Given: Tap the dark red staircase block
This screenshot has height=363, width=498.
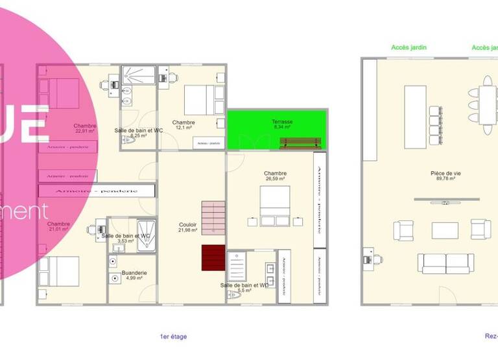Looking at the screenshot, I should click(x=213, y=257).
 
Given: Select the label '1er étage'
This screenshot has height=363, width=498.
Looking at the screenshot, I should click(x=173, y=336).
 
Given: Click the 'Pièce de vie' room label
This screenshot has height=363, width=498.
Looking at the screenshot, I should click(x=445, y=173).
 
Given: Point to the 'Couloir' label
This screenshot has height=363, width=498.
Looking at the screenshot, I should click(x=187, y=225).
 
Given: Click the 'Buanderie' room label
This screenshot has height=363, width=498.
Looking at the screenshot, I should click(x=134, y=273).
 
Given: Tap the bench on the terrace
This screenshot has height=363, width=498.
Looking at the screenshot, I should click(x=300, y=143).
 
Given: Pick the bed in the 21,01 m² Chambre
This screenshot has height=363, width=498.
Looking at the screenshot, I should click(x=60, y=270).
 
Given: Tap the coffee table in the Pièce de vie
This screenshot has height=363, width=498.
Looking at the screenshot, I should click(x=445, y=230).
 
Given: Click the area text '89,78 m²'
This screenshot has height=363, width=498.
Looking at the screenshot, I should click(x=445, y=180).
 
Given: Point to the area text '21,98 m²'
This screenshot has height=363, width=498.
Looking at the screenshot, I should click(x=187, y=231).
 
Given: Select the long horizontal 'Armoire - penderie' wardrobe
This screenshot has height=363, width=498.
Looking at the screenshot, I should click(x=97, y=191).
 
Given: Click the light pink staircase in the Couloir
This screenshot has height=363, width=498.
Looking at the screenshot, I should click(x=213, y=217).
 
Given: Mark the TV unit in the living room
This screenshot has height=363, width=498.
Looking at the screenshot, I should click(x=445, y=202).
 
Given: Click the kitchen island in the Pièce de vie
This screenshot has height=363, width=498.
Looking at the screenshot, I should click(x=415, y=111).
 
